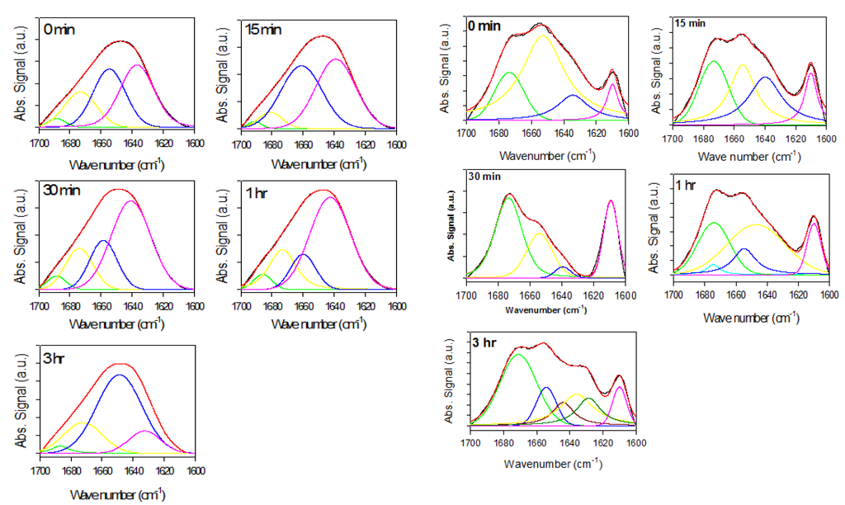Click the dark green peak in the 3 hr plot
(589, 399)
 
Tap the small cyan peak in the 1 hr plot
(713, 266)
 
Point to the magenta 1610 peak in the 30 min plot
(611, 203)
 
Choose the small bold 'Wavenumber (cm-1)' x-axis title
(545, 309)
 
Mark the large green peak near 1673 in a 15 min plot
(714, 63)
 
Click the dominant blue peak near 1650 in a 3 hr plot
(120, 376)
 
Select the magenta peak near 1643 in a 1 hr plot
(330, 199)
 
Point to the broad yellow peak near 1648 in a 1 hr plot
(755, 226)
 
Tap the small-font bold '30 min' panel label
(484, 177)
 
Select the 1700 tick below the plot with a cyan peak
(673, 292)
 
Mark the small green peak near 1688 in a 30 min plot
(55, 277)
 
